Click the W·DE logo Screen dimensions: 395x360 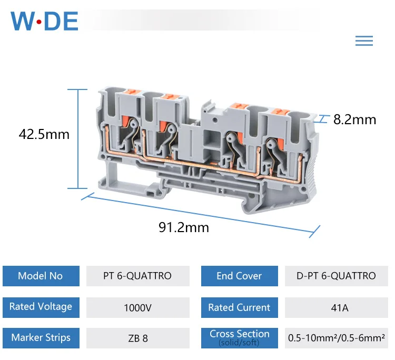(44, 21)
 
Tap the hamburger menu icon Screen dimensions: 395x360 (364, 41)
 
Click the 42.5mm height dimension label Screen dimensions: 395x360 (44, 134)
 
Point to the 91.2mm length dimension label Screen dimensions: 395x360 (184, 227)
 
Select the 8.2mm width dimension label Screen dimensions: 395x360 (354, 119)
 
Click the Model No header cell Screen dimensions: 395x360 (41, 276)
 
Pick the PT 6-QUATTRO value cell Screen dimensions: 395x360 (138, 276)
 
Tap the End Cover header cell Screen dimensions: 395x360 (240, 276)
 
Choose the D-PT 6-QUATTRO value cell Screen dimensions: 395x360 (337, 276)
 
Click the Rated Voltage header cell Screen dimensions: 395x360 (41, 307)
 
